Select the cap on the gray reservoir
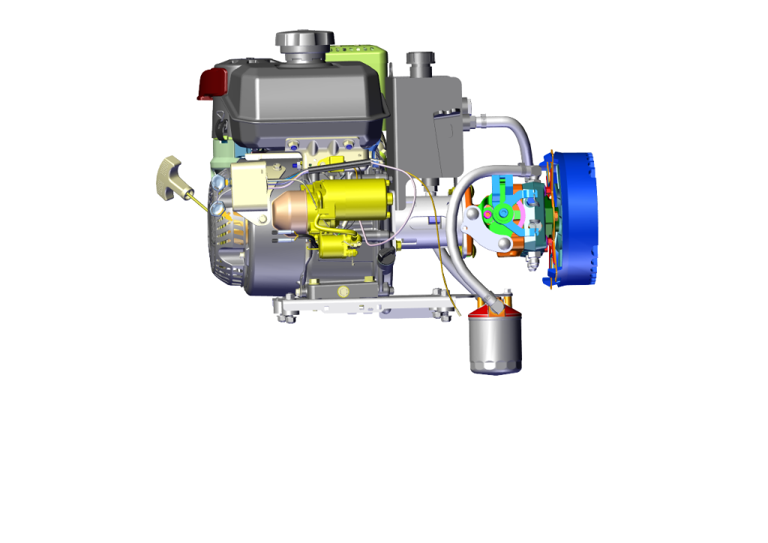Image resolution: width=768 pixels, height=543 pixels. pos(420,60)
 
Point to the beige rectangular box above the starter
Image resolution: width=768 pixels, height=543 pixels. pos(251,191)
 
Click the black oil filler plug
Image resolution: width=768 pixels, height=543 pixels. pos(386,258)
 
